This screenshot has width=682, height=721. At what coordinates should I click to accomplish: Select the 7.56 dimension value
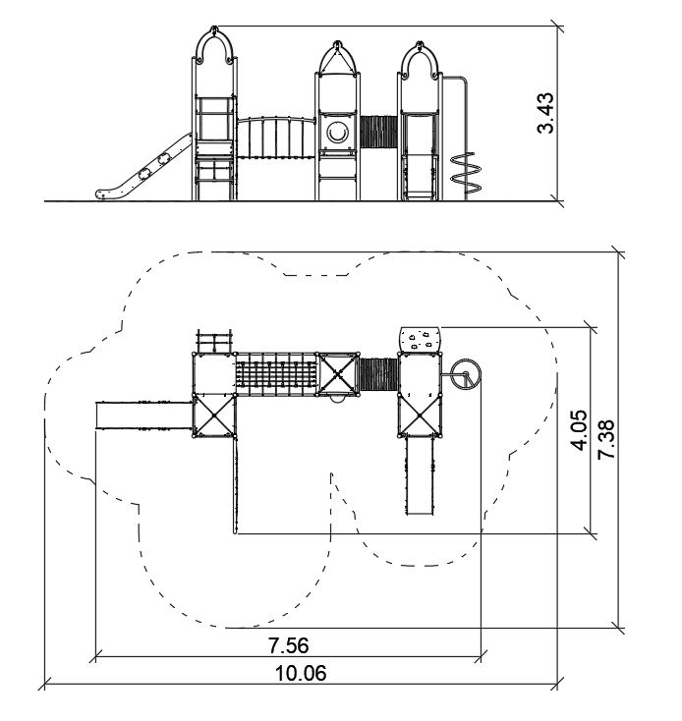[x=289, y=644]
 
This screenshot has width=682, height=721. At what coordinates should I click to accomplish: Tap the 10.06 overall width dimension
[x=300, y=673]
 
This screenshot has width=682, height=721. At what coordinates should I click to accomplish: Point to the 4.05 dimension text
[x=579, y=430]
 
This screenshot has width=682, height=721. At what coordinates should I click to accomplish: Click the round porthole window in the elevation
[x=338, y=131]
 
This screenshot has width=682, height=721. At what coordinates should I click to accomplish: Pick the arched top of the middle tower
[x=338, y=57]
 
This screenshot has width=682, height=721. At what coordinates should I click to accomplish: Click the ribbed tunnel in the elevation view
[x=379, y=133]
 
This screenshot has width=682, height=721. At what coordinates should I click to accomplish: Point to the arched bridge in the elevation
[x=276, y=138]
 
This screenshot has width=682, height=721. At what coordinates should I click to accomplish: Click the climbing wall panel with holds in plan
[x=422, y=340]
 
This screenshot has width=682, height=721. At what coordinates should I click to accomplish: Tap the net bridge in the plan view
[x=276, y=374]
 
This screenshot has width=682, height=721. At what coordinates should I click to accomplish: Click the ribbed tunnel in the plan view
[x=378, y=373]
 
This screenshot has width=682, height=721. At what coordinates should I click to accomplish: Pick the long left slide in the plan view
[x=143, y=415]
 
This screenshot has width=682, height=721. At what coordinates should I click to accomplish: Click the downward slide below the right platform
[x=420, y=474]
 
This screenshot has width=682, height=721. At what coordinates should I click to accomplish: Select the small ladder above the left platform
[x=215, y=342]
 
